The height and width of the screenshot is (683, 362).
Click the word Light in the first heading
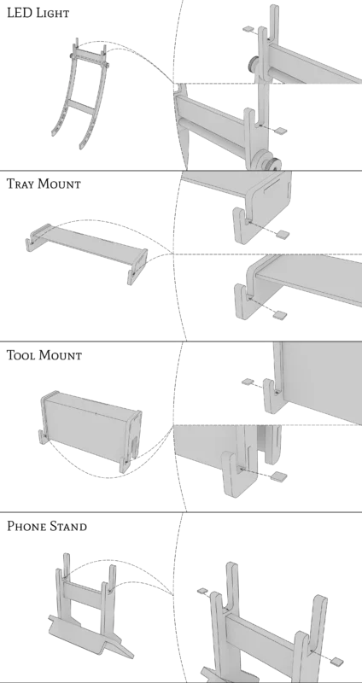pos(52,13)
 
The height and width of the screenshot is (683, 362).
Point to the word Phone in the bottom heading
pos(26,526)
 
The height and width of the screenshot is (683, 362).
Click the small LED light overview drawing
pos(79,94)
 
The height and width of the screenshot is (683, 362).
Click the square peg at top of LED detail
pos(248,29)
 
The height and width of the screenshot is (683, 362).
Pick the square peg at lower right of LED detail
pos(282,130)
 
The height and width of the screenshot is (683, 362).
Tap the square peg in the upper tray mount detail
pos(283,234)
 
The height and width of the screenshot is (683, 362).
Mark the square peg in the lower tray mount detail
pos(280,315)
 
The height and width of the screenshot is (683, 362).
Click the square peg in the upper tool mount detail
pos(248,382)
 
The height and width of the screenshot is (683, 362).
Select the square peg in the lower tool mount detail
pos(279,476)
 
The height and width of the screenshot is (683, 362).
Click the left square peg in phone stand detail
pos(202,591)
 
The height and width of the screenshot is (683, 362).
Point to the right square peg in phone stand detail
pos(336,661)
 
